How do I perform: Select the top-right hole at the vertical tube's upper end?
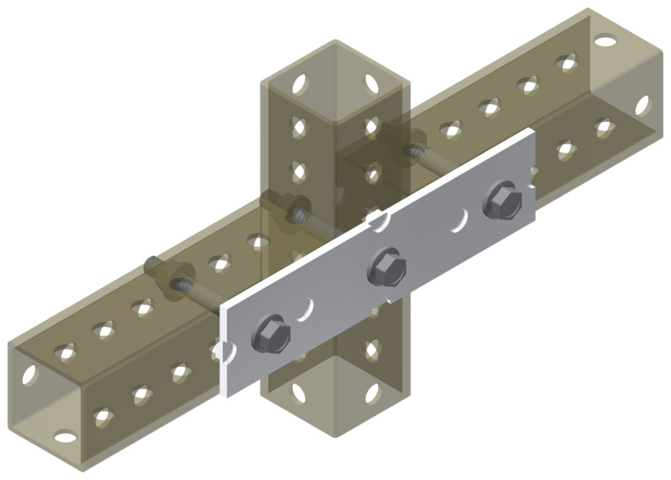point(372,84)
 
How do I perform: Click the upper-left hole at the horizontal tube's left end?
point(29,374)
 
